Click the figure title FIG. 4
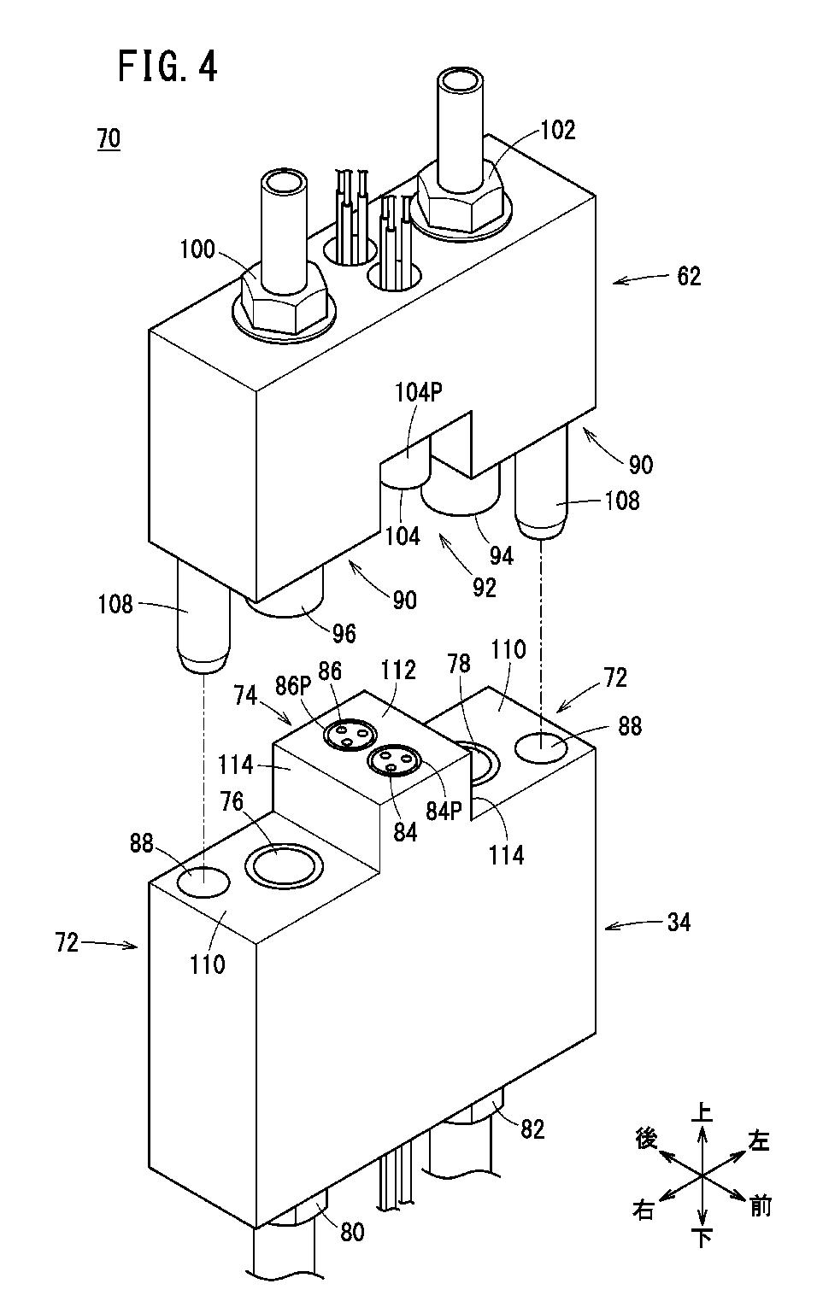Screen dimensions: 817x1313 pos(168,66)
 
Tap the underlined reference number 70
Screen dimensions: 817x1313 pos(109,139)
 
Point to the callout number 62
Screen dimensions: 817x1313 pos(689,276)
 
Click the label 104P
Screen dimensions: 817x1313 pos(418,392)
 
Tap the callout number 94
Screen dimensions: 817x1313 pos(502,555)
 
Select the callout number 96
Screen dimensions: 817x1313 pos(344,633)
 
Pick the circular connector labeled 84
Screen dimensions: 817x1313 pos(392,763)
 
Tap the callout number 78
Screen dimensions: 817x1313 pos(459,663)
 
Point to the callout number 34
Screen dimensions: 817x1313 pos(679,923)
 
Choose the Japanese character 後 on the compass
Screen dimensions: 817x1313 pos(646,1139)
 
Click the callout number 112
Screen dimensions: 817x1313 pos(398,670)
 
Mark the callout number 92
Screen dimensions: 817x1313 pos(484,588)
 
